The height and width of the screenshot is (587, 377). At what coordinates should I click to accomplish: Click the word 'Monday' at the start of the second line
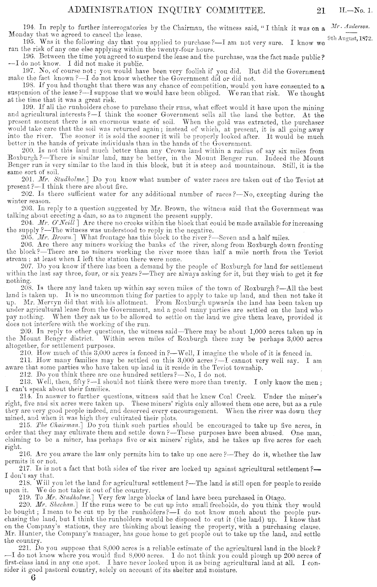point(19,35)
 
